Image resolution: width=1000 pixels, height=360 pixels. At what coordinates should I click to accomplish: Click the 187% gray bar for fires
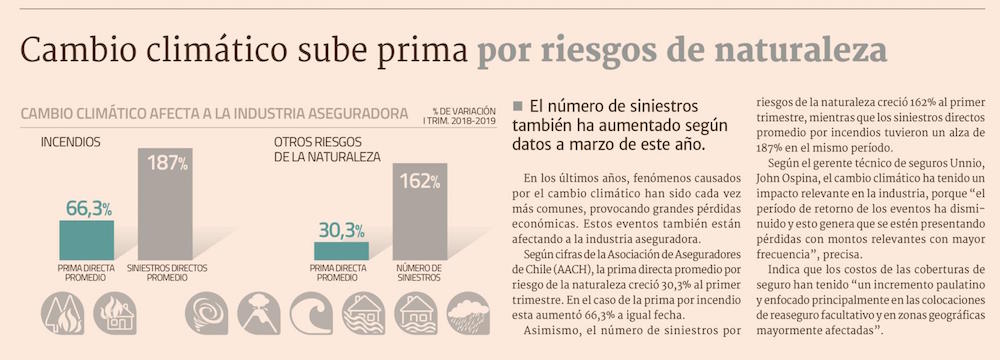click(x=165, y=204)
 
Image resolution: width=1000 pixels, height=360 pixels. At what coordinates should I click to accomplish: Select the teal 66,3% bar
click(x=87, y=241)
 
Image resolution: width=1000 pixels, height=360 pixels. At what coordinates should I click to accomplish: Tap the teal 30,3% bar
click(x=341, y=251)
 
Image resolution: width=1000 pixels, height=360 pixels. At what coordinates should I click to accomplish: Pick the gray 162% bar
click(x=420, y=212)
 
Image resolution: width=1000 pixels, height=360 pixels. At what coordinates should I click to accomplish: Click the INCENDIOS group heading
click(x=71, y=142)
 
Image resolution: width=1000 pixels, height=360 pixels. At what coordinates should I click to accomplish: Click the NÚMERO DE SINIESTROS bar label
click(x=419, y=273)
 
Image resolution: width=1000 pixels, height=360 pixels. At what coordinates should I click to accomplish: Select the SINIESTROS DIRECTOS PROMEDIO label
click(x=167, y=273)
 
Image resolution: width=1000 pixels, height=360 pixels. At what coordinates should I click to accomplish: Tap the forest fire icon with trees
click(x=62, y=313)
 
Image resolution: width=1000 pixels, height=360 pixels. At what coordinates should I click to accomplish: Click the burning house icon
click(x=115, y=313)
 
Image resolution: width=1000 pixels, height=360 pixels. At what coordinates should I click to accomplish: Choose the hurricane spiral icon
click(x=207, y=313)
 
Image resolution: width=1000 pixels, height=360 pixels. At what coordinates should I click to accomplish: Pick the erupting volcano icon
click(x=259, y=313)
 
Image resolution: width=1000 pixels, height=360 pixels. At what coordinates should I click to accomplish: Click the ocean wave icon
click(x=311, y=313)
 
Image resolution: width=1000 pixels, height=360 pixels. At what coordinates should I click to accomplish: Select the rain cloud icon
click(x=468, y=313)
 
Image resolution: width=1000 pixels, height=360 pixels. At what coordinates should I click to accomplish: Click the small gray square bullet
click(x=517, y=105)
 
